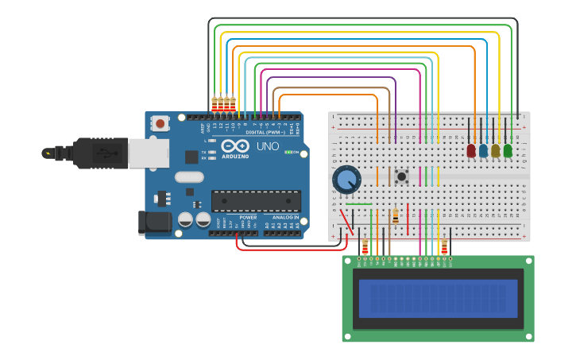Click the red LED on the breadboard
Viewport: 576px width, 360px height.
click(471, 149)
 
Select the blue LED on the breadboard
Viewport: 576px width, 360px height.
click(483, 149)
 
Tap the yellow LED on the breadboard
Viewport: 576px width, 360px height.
click(496, 149)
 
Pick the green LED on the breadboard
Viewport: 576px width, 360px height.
click(508, 149)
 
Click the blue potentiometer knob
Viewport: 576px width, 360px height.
click(346, 180)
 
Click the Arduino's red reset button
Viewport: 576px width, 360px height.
click(160, 123)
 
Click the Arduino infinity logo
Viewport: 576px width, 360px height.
click(235, 146)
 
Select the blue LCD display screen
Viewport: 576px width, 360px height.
click(438, 298)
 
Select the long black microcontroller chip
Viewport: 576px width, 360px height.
click(256, 201)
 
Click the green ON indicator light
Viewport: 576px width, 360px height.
click(288, 152)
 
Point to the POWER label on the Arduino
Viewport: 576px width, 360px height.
click(248, 216)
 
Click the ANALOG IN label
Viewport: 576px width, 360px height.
click(284, 216)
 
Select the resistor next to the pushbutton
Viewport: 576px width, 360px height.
click(396, 215)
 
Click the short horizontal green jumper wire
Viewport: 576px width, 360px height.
click(358, 204)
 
